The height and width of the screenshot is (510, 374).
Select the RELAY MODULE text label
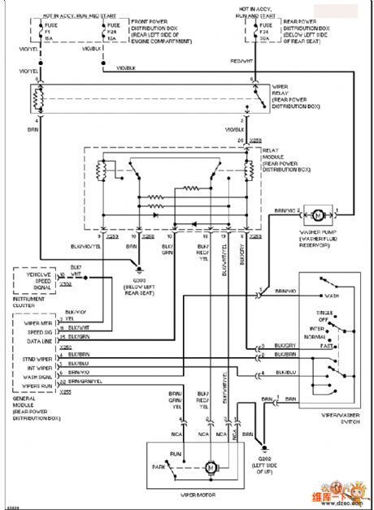(x=280, y=152)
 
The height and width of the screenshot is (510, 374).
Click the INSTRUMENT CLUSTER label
(x=28, y=302)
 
